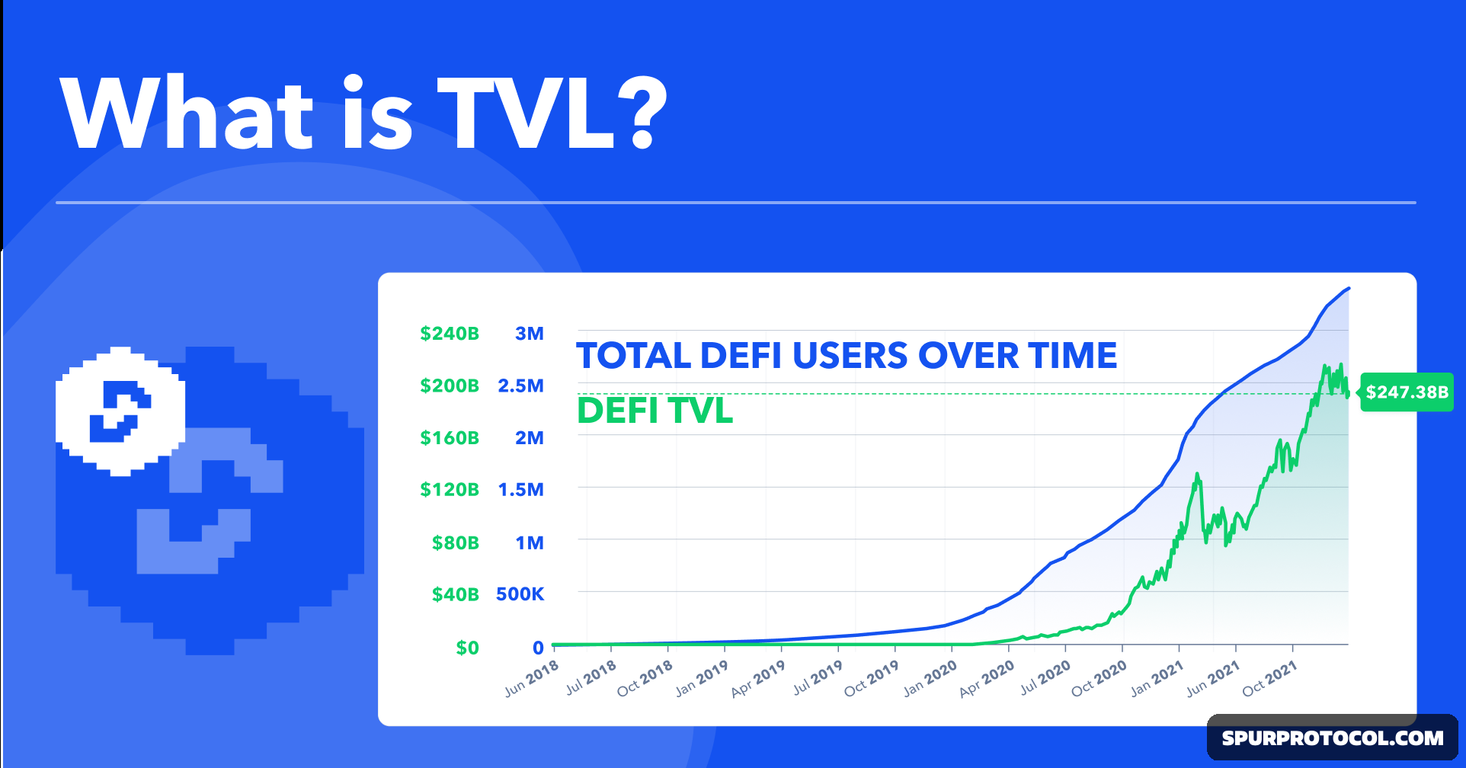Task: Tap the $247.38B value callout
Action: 1407,392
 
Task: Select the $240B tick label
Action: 450,334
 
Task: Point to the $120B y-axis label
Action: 450,489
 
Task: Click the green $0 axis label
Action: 467,648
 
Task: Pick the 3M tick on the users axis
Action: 529,334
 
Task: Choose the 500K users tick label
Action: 520,594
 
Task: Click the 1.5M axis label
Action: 520,489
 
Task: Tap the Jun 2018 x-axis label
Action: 532,678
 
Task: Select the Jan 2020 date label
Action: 930,678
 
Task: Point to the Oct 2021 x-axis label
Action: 1269,678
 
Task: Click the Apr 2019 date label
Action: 758,678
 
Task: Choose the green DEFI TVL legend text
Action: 655,411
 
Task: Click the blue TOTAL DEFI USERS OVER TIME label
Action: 847,356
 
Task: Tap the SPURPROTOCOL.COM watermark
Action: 1333,738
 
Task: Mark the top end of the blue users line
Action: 1349,289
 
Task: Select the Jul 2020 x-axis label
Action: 1045,678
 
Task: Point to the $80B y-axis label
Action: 455,542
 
